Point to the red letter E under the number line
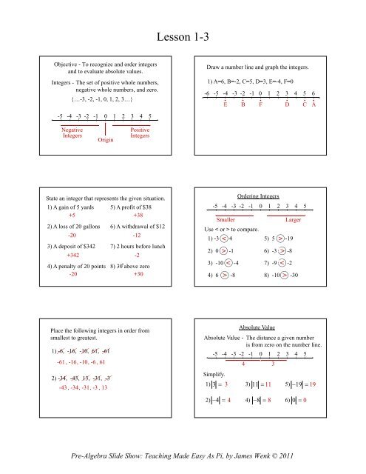pyautogui.click(x=226, y=104)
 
